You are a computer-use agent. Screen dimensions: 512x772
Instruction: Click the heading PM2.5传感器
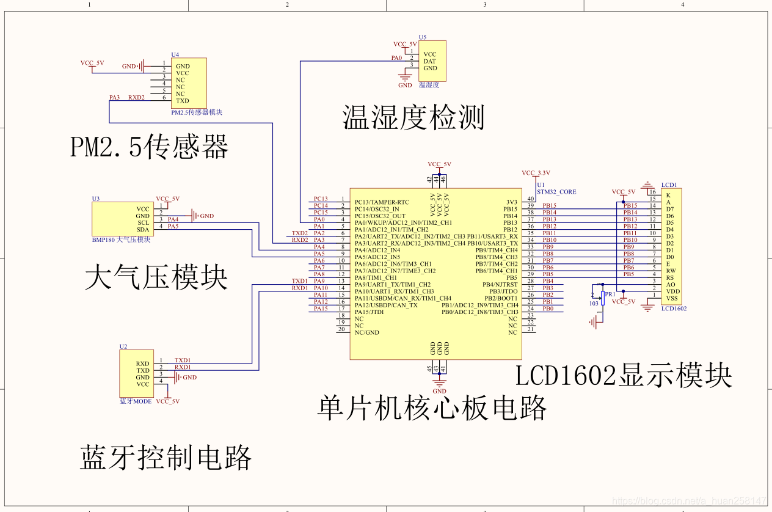pos(150,147)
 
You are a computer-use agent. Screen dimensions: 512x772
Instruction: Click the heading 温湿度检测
pos(413,117)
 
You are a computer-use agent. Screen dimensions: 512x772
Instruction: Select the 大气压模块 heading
pos(156,277)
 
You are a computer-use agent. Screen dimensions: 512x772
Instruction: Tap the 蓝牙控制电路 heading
pos(166,458)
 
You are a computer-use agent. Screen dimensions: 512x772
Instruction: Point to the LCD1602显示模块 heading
pos(624,376)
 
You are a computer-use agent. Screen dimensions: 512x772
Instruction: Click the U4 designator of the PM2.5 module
pos(175,54)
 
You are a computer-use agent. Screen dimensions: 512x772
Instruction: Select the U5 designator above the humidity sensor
pos(423,37)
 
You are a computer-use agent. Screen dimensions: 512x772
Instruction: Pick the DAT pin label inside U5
pos(429,61)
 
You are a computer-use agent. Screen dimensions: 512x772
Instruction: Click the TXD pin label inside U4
pos(182,101)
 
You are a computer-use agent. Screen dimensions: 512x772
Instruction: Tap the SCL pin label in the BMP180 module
pos(143,222)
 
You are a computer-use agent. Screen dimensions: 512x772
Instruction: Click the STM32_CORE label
pos(556,192)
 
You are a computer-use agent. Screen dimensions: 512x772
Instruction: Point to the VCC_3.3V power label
pos(536,172)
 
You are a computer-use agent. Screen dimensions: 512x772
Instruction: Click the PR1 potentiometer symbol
pos(603,298)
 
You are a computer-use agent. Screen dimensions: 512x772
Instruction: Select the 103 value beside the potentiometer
pos(594,303)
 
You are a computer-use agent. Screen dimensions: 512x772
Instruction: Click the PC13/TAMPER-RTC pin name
pos(382,202)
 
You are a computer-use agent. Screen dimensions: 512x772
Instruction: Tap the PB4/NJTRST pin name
pos(500,285)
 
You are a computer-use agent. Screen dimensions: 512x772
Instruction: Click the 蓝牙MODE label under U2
pos(136,401)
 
